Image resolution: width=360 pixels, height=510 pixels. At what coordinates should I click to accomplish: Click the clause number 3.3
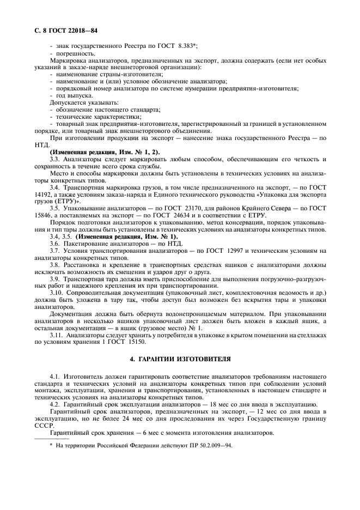coord(56,159)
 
